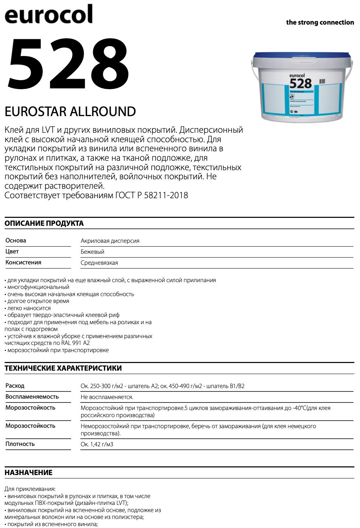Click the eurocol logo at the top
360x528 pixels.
48,14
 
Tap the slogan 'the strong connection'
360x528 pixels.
320,22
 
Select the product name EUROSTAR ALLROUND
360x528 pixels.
70,112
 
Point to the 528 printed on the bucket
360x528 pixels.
300,83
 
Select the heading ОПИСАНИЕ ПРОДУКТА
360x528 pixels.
44,223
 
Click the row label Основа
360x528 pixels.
16,241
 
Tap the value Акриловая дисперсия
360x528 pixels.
110,241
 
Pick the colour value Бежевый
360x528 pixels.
92,252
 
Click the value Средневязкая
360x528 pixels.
99,263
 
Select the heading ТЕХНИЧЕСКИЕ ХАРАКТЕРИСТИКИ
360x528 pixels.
63,368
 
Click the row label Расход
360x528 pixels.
15,386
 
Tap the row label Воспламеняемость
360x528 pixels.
32,397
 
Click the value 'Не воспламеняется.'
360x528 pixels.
107,397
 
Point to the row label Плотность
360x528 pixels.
20,444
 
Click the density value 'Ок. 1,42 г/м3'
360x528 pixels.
97,444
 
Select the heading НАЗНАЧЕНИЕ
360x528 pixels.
28,472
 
